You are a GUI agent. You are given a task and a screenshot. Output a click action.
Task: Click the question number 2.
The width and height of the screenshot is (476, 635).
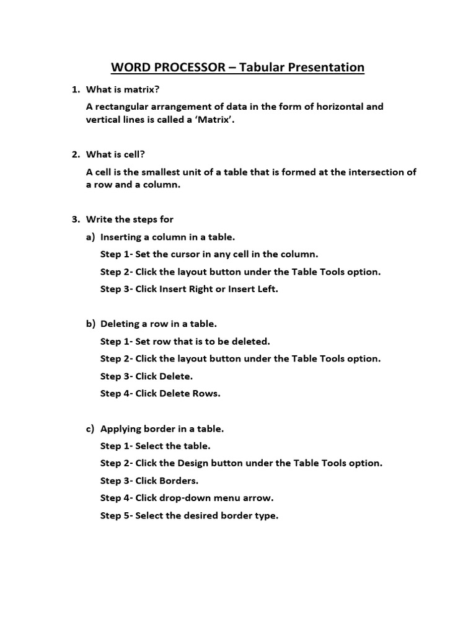coord(76,154)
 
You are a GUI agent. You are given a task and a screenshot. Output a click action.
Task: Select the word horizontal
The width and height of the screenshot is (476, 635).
coord(338,107)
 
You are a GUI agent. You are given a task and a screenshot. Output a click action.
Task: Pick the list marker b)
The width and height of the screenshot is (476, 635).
coord(90,324)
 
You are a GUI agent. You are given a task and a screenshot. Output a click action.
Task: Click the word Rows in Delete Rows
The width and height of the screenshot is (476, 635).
coord(206,393)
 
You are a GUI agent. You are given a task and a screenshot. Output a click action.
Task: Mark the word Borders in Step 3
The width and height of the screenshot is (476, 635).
coord(181,481)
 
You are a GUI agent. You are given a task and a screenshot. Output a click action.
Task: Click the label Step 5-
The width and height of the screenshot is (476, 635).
coord(117,515)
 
